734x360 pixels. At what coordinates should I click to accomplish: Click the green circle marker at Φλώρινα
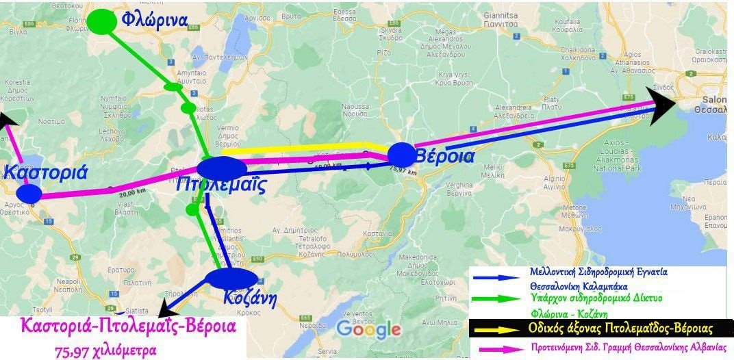(x=103, y=21)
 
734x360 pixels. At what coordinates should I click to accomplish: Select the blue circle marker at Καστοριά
(x=29, y=193)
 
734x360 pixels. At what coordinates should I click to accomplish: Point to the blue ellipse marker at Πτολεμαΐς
(x=222, y=168)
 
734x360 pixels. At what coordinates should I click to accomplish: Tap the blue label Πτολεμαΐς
(x=220, y=185)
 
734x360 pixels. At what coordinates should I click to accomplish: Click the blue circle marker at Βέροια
(x=401, y=155)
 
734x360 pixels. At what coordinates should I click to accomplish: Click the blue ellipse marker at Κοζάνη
(x=231, y=278)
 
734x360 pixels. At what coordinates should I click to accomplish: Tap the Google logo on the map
(x=368, y=329)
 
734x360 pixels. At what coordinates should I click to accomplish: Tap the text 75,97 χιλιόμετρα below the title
(x=105, y=350)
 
